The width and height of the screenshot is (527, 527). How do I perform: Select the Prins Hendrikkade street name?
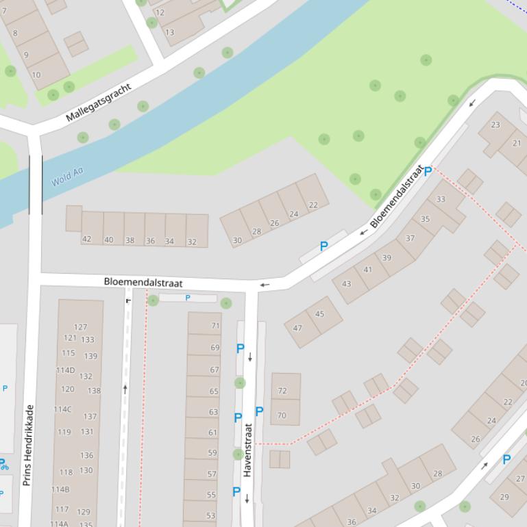click(x=28, y=445)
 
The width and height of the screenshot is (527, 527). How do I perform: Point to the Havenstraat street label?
click(x=248, y=450)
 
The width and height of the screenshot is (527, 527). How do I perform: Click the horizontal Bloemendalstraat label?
click(x=143, y=282)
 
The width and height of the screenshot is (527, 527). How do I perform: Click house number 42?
click(x=86, y=240)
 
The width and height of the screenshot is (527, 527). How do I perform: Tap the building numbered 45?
click(x=320, y=314)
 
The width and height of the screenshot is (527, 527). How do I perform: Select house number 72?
click(x=282, y=391)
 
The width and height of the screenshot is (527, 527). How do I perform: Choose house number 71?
click(x=215, y=326)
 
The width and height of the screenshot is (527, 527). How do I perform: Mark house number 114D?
click(x=65, y=370)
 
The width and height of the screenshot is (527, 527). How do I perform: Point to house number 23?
click(x=495, y=125)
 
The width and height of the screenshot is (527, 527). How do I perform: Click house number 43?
click(x=346, y=284)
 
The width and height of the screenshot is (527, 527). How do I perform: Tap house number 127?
click(x=80, y=327)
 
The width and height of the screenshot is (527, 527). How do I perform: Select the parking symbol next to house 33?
click(x=428, y=171)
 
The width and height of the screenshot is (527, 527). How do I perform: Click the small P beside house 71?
click(x=188, y=298)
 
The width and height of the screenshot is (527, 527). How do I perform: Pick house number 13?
click(x=169, y=32)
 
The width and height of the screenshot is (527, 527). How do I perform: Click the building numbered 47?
click(x=297, y=329)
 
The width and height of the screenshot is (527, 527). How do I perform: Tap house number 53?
click(x=210, y=516)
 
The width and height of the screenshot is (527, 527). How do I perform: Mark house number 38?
click(x=130, y=240)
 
